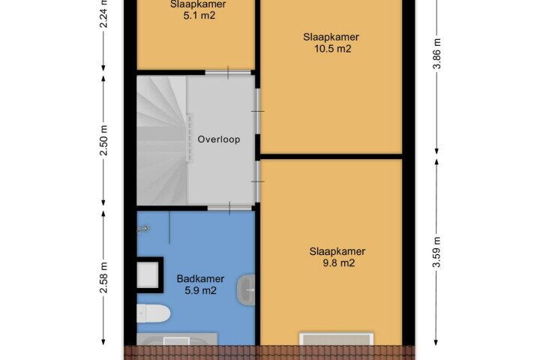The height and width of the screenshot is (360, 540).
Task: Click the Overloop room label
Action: pos(219,139)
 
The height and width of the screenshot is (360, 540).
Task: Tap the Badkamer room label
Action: pos(200,279)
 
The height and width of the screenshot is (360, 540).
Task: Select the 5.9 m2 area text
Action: pos(200,291)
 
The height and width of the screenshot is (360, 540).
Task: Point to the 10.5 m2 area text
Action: pos(333,49)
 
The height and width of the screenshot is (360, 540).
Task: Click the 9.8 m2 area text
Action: pos(339,263)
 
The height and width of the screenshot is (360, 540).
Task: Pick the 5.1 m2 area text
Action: pos(199,16)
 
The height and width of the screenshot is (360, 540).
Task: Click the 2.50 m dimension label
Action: pos(103,140)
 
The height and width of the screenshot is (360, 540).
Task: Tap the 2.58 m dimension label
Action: pos(103,277)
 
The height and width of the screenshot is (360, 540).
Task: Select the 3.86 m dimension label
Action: pos(436,53)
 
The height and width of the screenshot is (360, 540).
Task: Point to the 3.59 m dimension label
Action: pos(436,252)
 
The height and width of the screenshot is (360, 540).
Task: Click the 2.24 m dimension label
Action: pos(103,13)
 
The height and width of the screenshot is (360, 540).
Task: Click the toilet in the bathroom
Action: pos(154,313)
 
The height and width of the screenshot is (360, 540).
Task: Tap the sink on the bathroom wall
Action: pos(246,290)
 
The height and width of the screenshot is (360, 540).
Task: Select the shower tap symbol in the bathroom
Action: pos(143,229)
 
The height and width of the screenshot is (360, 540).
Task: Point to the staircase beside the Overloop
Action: pos(162,140)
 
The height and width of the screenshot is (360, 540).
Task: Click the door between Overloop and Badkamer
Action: pos(229,208)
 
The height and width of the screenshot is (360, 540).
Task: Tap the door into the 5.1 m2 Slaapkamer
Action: pos(228,73)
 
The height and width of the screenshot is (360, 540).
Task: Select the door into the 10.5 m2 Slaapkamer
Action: pos(257,111)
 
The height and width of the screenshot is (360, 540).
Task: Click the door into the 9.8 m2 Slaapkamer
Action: pos(257,181)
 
